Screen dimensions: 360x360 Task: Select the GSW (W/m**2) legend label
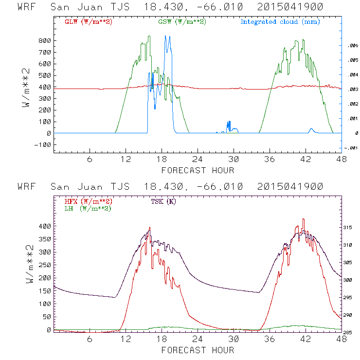[x=182, y=22]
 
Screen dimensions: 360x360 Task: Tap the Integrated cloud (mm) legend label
[x=280, y=22]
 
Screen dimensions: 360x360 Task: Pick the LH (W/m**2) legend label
[x=88, y=208]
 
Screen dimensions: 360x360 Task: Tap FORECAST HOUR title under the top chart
[x=198, y=170]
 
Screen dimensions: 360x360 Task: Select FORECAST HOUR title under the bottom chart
[x=198, y=350]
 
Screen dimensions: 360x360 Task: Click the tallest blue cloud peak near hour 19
[x=167, y=36]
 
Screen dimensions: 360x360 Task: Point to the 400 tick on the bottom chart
[x=44, y=226]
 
